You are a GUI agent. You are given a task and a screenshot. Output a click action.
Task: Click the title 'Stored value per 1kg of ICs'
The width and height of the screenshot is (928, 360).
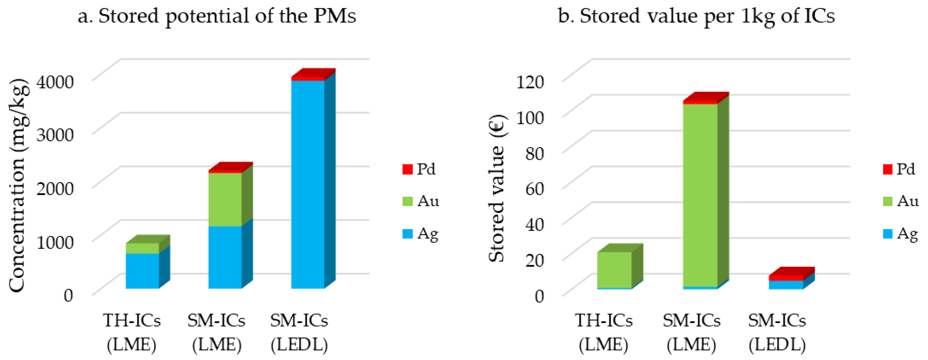[x=696, y=16]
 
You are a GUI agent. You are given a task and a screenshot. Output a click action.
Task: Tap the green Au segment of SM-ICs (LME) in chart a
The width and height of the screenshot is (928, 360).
[x=225, y=199]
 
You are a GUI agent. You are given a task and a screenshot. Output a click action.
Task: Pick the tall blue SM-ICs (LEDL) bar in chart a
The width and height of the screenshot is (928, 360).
[x=308, y=184]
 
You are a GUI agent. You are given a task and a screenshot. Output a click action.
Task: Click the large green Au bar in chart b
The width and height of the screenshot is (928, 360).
[x=700, y=194]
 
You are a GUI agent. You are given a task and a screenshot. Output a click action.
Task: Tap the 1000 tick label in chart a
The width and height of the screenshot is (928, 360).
[x=55, y=242]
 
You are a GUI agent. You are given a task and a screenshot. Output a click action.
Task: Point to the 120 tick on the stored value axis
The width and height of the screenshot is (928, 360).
[x=530, y=82]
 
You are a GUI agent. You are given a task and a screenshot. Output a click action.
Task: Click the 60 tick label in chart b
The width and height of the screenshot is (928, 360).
[x=534, y=188]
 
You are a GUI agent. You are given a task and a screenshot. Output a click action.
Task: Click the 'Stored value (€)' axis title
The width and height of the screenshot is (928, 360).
[x=497, y=188]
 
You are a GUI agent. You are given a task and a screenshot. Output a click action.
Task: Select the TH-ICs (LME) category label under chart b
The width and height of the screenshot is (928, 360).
[x=603, y=332]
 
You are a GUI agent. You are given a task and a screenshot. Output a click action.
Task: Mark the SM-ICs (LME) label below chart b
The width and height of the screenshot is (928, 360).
[x=691, y=332]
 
